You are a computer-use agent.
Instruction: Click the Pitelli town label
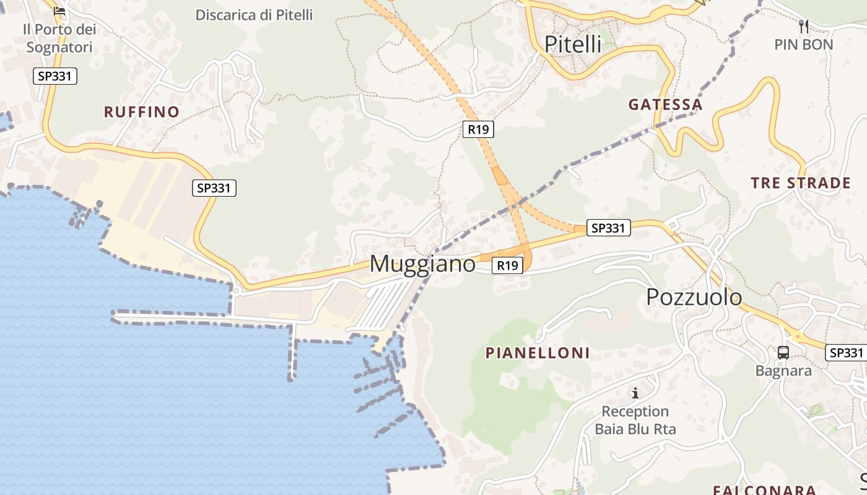tap(573, 44)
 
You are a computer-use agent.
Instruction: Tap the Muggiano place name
tap(422, 264)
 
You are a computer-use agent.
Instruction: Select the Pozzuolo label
tap(694, 297)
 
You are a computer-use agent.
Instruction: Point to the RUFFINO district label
tap(142, 112)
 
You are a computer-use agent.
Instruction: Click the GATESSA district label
tap(666, 105)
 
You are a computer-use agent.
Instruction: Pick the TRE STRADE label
tap(801, 183)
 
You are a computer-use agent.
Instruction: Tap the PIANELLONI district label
tap(538, 353)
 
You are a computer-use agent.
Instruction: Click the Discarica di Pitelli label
tap(254, 15)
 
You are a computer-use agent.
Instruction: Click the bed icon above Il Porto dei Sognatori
tap(59, 11)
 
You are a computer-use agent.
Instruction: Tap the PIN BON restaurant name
tap(804, 45)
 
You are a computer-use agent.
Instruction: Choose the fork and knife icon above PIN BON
tap(804, 26)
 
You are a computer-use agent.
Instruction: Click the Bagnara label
tap(783, 371)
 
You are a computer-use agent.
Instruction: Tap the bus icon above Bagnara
tap(783, 353)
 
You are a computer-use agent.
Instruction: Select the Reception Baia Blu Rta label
tap(635, 420)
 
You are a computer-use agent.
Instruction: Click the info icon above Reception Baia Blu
tap(635, 393)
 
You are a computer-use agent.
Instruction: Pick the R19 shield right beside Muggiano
tap(507, 265)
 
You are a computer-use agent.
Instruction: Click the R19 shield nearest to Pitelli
tap(478, 129)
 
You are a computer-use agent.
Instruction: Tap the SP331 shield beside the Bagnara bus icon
tap(845, 353)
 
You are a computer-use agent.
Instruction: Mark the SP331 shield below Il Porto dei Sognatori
tap(55, 76)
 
